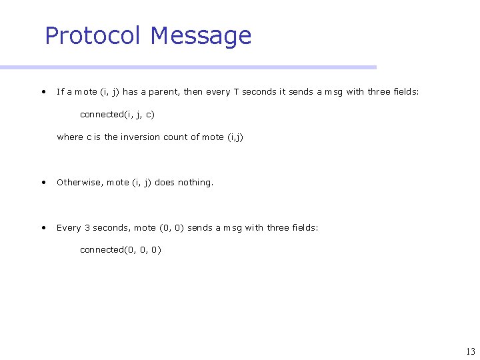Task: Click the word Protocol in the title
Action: coord(94,35)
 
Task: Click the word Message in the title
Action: coord(201,35)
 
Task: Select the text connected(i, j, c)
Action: coord(117,115)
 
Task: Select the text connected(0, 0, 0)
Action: coord(120,250)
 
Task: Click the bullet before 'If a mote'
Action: coord(43,92)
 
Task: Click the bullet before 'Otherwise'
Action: coord(43,182)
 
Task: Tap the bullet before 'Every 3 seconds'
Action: coord(43,227)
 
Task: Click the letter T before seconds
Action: coord(236,92)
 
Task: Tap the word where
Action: coord(70,137)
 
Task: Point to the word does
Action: coord(165,182)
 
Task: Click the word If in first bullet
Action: coord(60,92)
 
